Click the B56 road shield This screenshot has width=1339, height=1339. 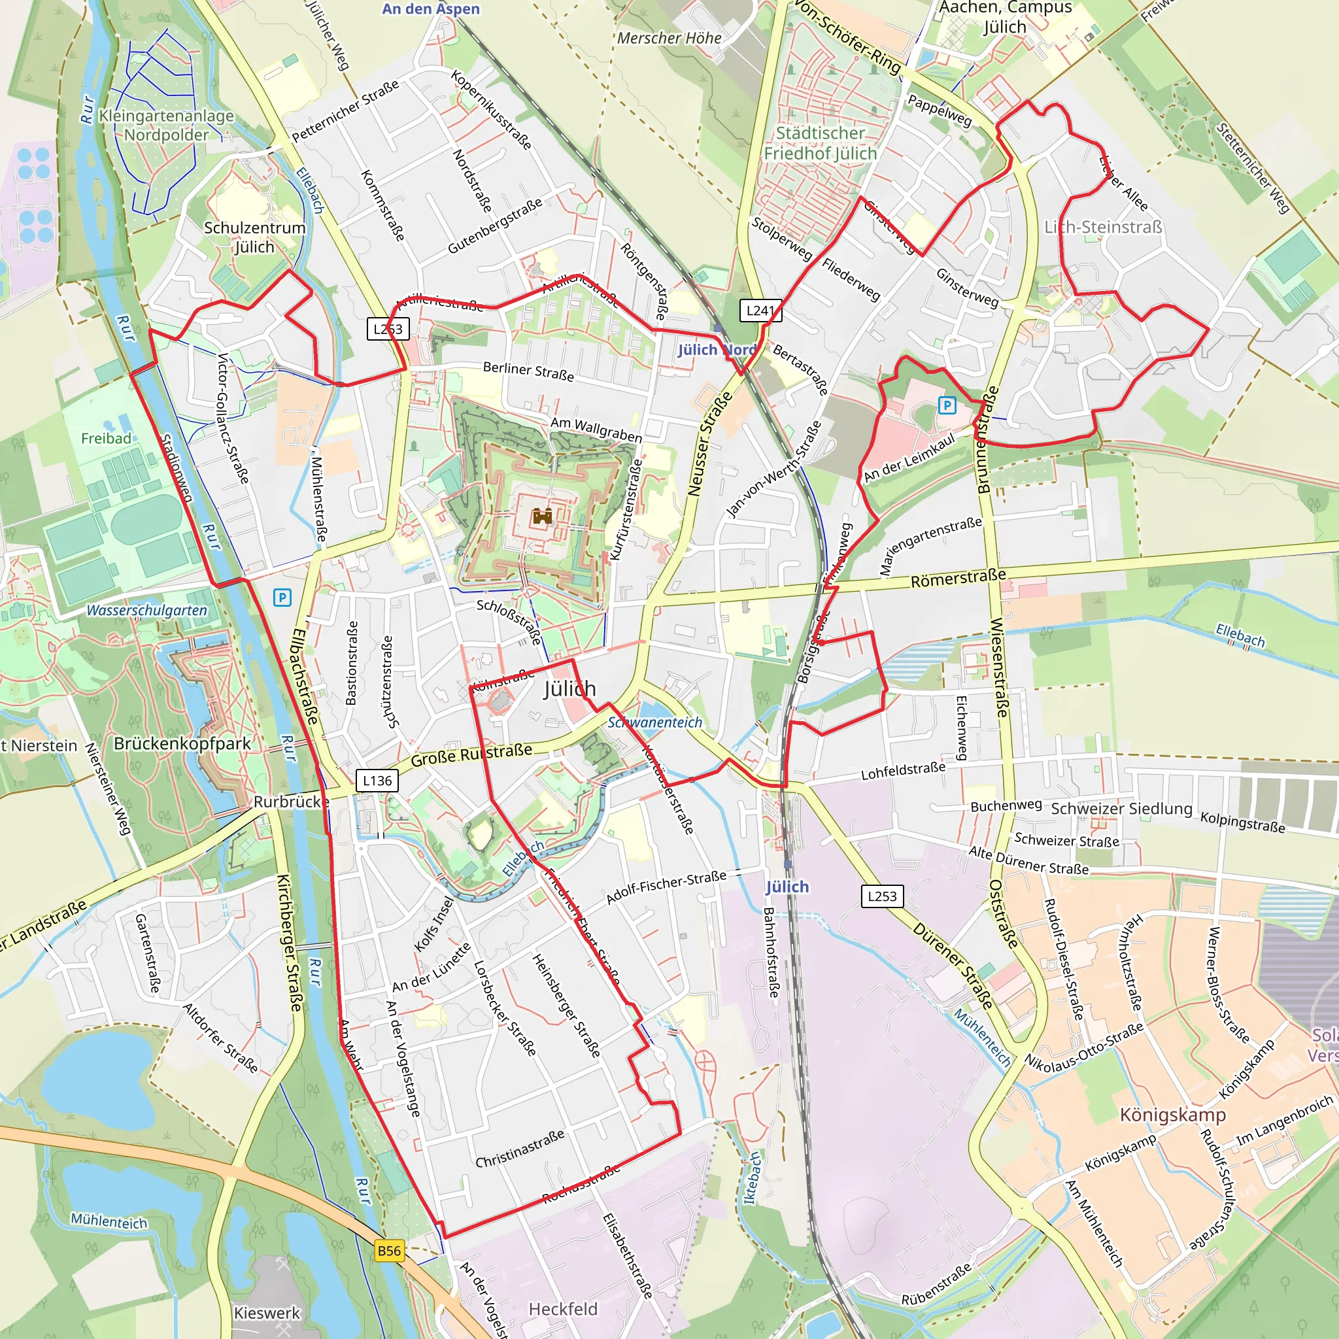pyautogui.click(x=389, y=1251)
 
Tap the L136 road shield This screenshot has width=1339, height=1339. pyautogui.click(x=377, y=781)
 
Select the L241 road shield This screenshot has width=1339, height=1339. pyautogui.click(x=760, y=311)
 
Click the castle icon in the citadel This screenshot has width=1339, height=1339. pyautogui.click(x=542, y=517)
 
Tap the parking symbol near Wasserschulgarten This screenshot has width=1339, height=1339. pyautogui.click(x=282, y=598)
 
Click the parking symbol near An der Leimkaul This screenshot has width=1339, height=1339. pyautogui.click(x=947, y=405)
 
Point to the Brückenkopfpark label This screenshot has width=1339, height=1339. pyautogui.click(x=182, y=743)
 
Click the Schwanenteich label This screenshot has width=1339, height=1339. pyautogui.click(x=655, y=722)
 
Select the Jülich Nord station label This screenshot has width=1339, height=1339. pyautogui.click(x=717, y=350)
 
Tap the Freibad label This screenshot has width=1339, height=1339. pyautogui.click(x=106, y=438)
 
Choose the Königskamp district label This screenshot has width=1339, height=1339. pyautogui.click(x=1173, y=1115)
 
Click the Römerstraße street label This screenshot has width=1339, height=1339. pyautogui.click(x=958, y=579)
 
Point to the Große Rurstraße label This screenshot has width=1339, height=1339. pyautogui.click(x=471, y=754)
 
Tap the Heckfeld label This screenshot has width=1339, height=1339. pyautogui.click(x=563, y=1308)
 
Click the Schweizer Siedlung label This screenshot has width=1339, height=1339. pyautogui.click(x=1121, y=809)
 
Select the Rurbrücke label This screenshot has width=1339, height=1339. pyautogui.click(x=291, y=802)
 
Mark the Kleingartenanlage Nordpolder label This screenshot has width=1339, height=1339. pyautogui.click(x=166, y=126)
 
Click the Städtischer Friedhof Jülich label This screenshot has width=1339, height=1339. pyautogui.click(x=821, y=143)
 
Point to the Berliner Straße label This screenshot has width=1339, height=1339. pyautogui.click(x=528, y=371)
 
